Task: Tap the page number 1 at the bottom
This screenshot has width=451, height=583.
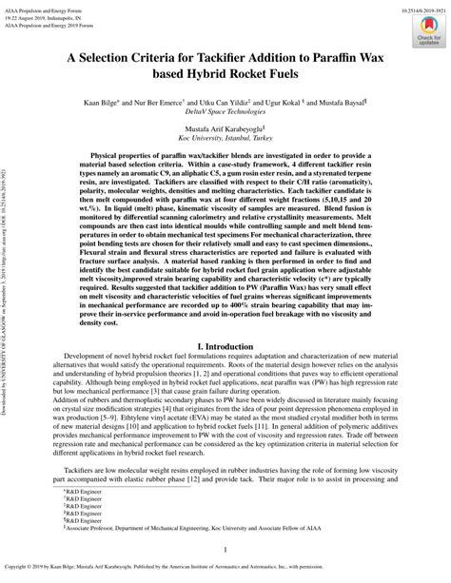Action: coord(225,549)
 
